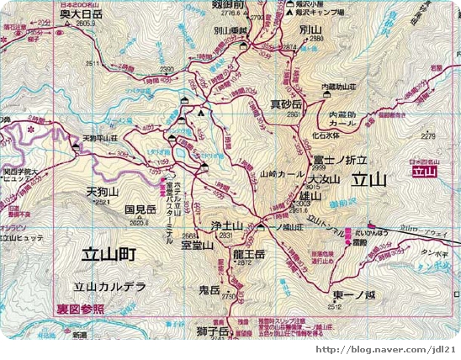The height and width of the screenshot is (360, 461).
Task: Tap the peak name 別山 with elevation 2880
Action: coord(310,29)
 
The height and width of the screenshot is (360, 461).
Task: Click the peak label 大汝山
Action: coord(324,179)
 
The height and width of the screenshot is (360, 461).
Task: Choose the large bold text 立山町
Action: coord(110,252)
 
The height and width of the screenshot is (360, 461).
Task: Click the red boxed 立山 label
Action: coord(425,172)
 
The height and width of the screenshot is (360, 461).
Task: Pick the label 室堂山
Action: coord(197,246)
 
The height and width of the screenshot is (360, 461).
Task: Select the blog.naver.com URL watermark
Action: coord(385,349)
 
